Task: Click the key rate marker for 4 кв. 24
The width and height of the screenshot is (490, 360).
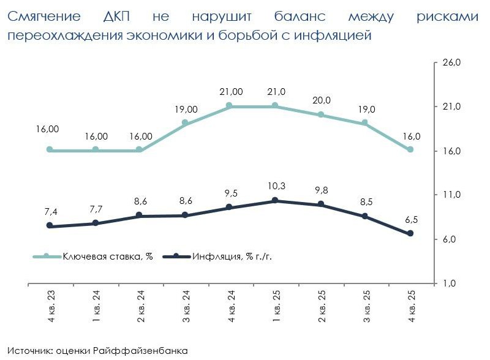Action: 230,106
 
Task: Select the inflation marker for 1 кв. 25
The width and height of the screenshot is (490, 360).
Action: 275,200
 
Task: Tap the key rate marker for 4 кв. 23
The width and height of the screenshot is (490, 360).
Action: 50,149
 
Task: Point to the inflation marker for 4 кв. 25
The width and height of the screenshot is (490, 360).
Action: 410,233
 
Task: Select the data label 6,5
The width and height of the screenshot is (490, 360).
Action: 410,219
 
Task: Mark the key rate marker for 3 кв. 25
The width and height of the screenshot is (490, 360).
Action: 365,123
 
